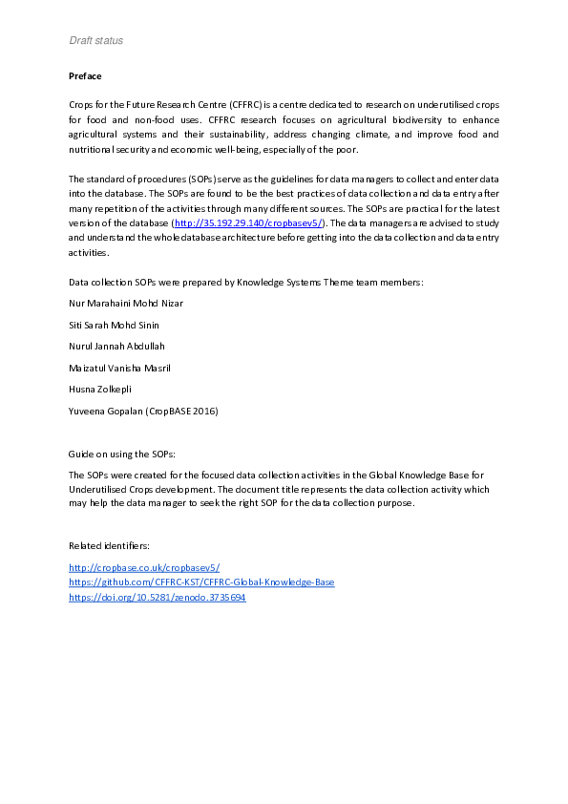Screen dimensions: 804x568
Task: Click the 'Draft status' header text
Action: point(95,40)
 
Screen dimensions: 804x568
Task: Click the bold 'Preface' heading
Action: point(85,75)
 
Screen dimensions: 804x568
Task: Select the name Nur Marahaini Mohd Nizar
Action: point(125,304)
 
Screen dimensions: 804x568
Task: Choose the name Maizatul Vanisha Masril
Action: point(120,368)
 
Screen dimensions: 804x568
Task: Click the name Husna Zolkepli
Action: point(99,389)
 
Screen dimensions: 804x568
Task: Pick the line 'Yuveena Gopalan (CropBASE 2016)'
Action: point(143,411)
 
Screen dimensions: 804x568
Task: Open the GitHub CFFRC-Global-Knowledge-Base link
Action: point(201,582)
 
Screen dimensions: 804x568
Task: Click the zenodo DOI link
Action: point(158,598)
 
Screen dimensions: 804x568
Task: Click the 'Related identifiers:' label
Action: point(109,545)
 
